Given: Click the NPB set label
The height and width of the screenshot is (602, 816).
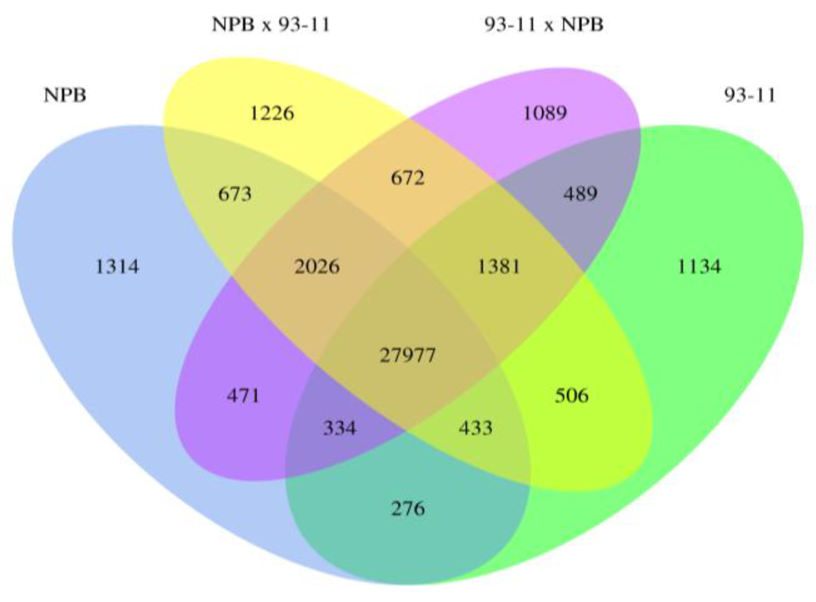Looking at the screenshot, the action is (x=65, y=95).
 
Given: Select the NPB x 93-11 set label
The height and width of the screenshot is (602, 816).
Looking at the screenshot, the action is (x=271, y=25).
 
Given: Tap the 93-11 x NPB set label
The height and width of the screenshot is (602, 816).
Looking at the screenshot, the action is (x=544, y=25).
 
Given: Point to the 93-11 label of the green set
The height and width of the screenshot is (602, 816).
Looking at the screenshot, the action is (x=750, y=95).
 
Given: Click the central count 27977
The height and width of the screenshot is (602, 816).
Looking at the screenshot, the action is (x=408, y=355).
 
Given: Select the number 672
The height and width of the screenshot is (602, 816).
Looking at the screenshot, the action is (x=408, y=178).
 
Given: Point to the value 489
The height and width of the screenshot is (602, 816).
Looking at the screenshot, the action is (x=581, y=194).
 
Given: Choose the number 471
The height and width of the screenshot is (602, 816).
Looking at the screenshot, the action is (x=243, y=395).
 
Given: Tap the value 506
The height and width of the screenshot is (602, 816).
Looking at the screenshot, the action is (x=572, y=395).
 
